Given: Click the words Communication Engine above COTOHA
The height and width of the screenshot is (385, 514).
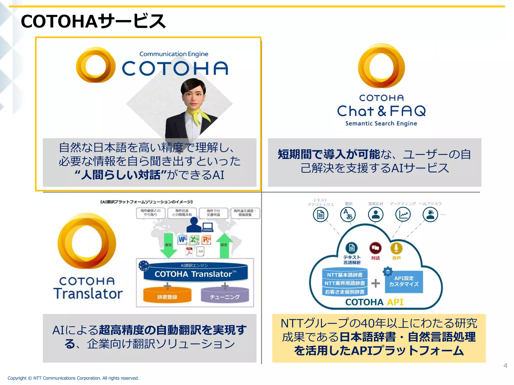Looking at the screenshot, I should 174,54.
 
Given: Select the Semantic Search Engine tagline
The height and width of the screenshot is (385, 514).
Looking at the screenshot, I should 381,123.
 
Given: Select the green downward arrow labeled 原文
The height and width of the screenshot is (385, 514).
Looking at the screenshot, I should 168,246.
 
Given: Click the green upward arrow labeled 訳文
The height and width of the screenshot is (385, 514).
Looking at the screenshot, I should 224,246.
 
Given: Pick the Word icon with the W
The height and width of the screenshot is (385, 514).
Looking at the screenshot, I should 182,240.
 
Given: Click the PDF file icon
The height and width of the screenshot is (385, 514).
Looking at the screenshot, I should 189,251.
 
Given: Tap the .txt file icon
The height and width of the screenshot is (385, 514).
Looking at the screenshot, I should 201,251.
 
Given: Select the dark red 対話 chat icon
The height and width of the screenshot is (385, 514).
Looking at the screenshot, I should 375,248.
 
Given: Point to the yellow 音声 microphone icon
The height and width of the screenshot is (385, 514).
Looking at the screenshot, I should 396,248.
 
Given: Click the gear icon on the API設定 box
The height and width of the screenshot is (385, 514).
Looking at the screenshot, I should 388,272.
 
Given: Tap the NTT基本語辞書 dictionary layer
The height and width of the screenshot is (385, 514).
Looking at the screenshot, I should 345,275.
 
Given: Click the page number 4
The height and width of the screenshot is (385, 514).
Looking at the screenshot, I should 505,365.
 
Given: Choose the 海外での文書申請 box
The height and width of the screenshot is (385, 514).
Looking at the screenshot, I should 213,213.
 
